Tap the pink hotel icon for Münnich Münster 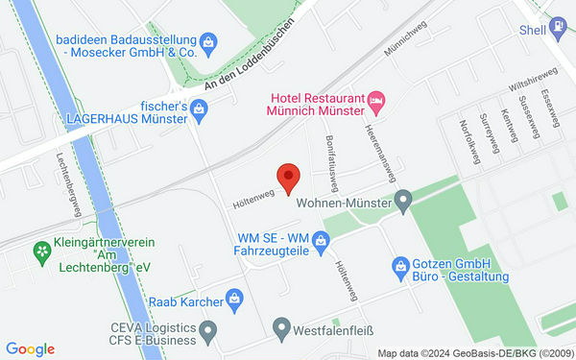[x=377, y=99]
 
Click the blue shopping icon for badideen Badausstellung [x=206, y=41]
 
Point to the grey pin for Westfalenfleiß [x=281, y=328]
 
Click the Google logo [x=30, y=348]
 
